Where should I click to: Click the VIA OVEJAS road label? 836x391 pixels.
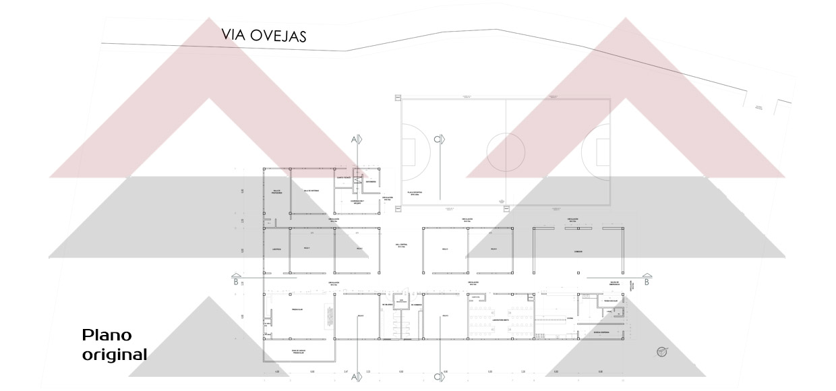click(264, 35)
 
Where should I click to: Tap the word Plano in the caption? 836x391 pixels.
click(107, 336)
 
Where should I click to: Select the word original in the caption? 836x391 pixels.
click(115, 354)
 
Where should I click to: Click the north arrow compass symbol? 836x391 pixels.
click(662, 351)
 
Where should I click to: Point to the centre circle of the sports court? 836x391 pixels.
click(506, 152)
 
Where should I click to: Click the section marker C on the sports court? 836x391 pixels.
click(438, 139)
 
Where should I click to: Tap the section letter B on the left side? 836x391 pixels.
click(236, 282)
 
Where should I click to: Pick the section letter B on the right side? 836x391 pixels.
click(646, 282)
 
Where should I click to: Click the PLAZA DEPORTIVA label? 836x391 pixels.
click(414, 193)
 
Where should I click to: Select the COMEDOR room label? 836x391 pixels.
click(578, 251)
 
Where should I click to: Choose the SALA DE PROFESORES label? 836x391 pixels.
click(276, 192)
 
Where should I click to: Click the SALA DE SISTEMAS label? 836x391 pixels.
click(311, 191)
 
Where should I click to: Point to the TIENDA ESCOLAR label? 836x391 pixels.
click(611, 301)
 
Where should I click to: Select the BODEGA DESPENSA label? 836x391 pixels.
click(601, 332)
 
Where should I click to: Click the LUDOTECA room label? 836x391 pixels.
click(276, 249)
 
